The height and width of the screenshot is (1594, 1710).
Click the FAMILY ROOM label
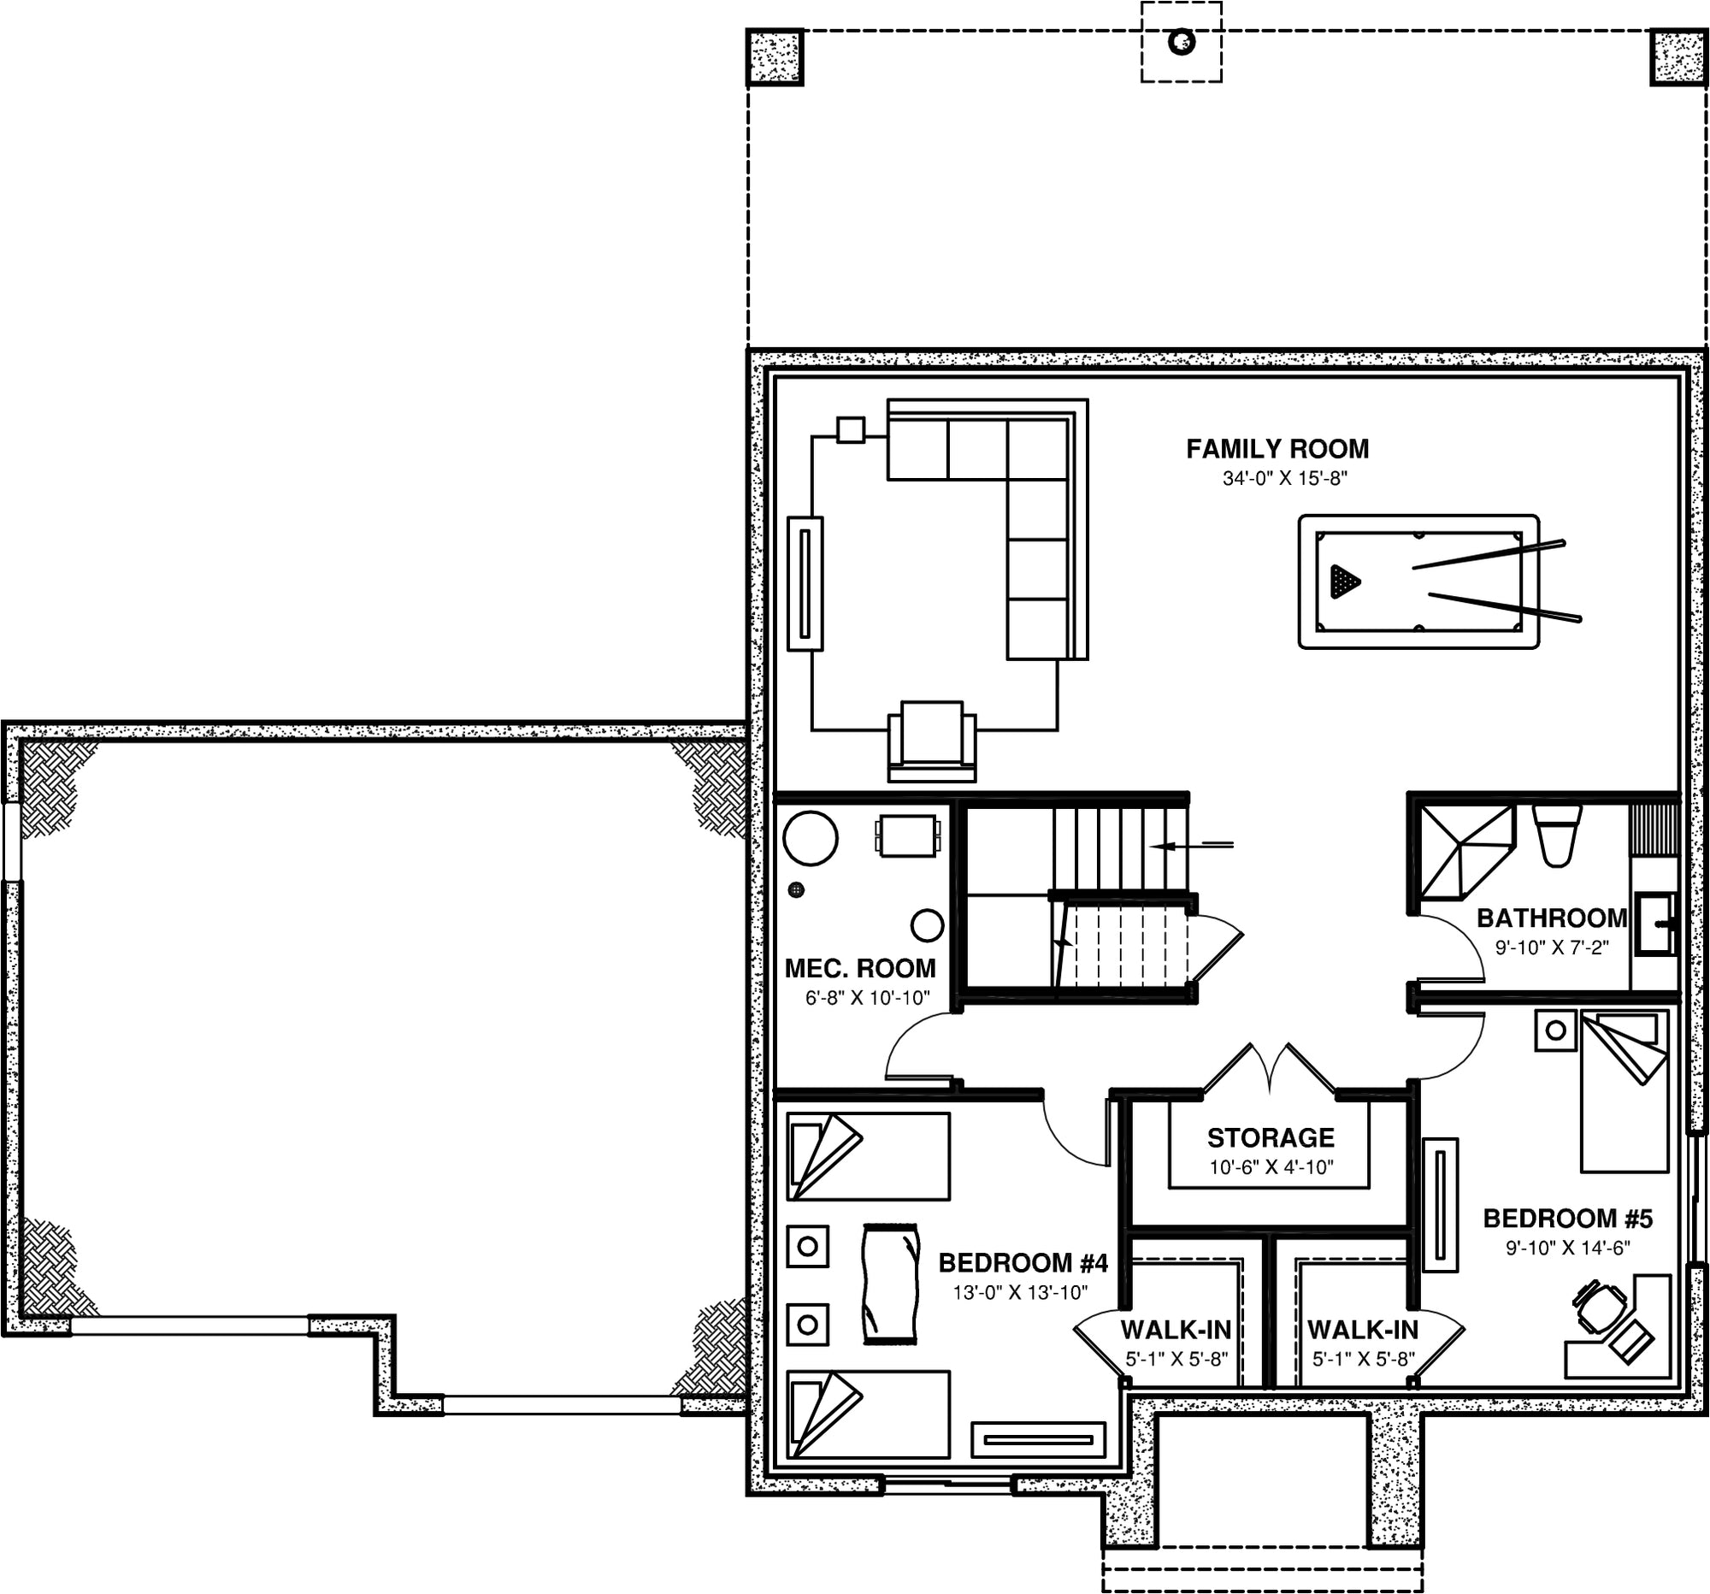(1277, 448)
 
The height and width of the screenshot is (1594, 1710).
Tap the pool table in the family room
(1418, 581)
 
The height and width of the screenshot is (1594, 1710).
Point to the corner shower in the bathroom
(1465, 852)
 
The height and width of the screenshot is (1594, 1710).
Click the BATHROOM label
(1552, 918)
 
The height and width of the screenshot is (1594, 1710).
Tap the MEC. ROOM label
(860, 968)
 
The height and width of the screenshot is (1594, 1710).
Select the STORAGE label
(1271, 1137)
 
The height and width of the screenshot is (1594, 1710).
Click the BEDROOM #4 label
(1023, 1263)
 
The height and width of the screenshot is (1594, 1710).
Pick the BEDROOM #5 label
(1568, 1218)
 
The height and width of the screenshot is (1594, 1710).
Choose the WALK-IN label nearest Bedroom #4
(1176, 1329)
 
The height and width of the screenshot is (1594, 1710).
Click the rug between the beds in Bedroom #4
(890, 1283)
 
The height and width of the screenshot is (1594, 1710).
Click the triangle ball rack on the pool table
(1343, 582)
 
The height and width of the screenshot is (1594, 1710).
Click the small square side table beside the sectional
(851, 429)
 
